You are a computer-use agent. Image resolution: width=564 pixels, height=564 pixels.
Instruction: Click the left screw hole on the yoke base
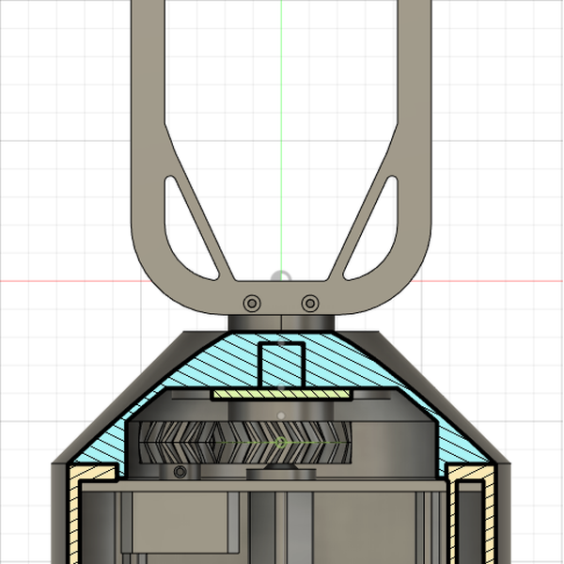pyautogui.click(x=252, y=303)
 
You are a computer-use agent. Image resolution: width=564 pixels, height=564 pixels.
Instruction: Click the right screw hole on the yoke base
pyautogui.click(x=309, y=303)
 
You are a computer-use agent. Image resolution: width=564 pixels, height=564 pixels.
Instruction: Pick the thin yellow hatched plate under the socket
pyautogui.click(x=281, y=394)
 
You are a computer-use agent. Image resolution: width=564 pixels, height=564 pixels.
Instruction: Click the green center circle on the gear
pyautogui.click(x=281, y=440)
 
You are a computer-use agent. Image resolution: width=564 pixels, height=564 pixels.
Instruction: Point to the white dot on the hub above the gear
pyautogui.click(x=281, y=414)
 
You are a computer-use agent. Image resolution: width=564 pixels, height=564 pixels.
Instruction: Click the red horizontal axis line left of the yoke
pyautogui.click(x=56, y=280)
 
